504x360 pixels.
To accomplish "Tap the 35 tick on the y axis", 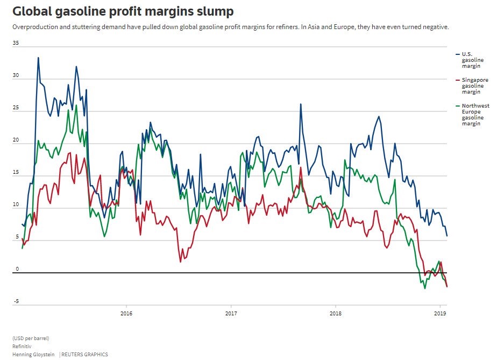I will (16, 44).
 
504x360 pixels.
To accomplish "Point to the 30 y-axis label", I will (16, 76).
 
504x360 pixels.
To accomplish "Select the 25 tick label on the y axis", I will (16, 108).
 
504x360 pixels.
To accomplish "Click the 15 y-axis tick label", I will (16, 173).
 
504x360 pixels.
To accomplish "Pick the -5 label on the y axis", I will (16, 302).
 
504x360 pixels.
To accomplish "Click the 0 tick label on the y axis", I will (17, 270).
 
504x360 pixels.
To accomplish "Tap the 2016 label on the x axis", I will (126, 313).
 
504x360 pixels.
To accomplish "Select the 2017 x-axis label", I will (231, 313).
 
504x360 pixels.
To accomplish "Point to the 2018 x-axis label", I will (336, 313).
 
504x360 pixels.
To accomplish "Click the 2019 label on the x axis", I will (441, 313).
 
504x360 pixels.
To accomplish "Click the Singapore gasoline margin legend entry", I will (475, 86).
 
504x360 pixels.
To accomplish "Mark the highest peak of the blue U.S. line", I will (38, 58).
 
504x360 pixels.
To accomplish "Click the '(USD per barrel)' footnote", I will (31, 338).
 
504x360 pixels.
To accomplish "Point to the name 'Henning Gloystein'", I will (34, 355).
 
